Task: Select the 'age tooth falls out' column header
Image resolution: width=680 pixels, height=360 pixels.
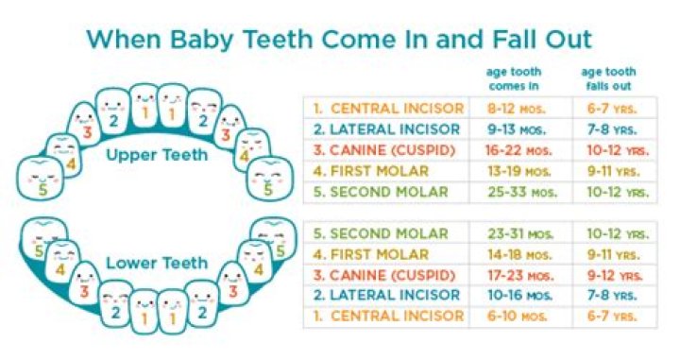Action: click(608, 77)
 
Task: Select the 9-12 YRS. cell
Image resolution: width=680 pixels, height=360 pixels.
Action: click(611, 275)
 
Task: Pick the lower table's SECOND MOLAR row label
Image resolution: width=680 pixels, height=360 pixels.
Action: click(382, 233)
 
